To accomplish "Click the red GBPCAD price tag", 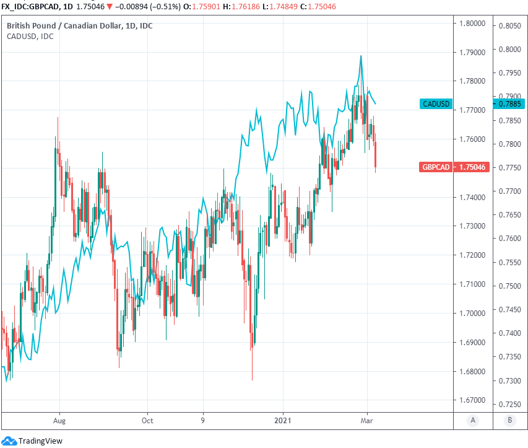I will click(x=436, y=167).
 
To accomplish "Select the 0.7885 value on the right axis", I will click(x=509, y=103).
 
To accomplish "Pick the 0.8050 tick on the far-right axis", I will click(x=509, y=26).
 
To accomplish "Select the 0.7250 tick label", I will click(x=509, y=403).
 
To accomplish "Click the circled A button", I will click(x=473, y=421).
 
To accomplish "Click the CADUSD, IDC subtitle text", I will click(x=30, y=37).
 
